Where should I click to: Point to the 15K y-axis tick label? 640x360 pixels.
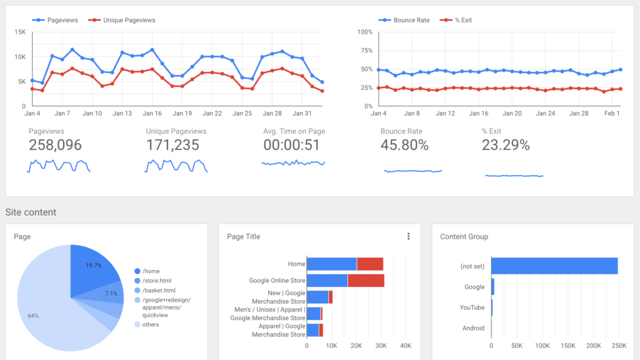click(x=20, y=32)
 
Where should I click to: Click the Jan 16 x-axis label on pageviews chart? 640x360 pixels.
click(x=152, y=114)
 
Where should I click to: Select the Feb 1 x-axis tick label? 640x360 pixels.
click(x=612, y=114)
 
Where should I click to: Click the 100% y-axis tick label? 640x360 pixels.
click(x=365, y=32)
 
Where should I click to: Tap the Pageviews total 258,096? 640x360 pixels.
click(x=55, y=146)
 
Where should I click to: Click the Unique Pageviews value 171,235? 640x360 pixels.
click(x=172, y=146)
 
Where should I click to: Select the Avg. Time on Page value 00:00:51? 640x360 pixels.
click(x=291, y=146)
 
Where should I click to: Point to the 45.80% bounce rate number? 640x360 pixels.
click(x=404, y=146)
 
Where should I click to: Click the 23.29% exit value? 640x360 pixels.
click(x=506, y=146)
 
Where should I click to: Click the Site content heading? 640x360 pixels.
click(x=31, y=212)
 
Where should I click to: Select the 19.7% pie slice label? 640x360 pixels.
click(x=94, y=266)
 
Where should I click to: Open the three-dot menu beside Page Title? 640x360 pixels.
click(x=409, y=236)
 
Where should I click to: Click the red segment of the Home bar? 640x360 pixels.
click(x=370, y=264)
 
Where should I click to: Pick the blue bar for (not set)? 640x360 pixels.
click(x=554, y=266)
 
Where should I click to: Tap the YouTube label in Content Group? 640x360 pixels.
click(x=472, y=307)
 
